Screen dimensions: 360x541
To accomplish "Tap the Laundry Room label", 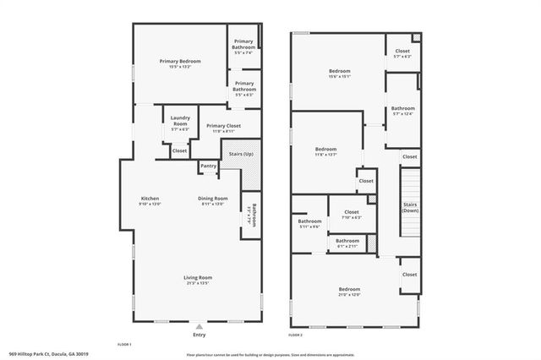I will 180,121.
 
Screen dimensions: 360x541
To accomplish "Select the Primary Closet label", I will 223,126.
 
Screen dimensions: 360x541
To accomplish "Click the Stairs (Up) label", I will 238,154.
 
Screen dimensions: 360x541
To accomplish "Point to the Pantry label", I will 208,166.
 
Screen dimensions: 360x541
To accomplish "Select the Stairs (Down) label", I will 410,207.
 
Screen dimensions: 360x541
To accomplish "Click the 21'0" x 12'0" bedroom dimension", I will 350,295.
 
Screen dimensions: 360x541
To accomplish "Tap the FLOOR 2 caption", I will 295,335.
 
